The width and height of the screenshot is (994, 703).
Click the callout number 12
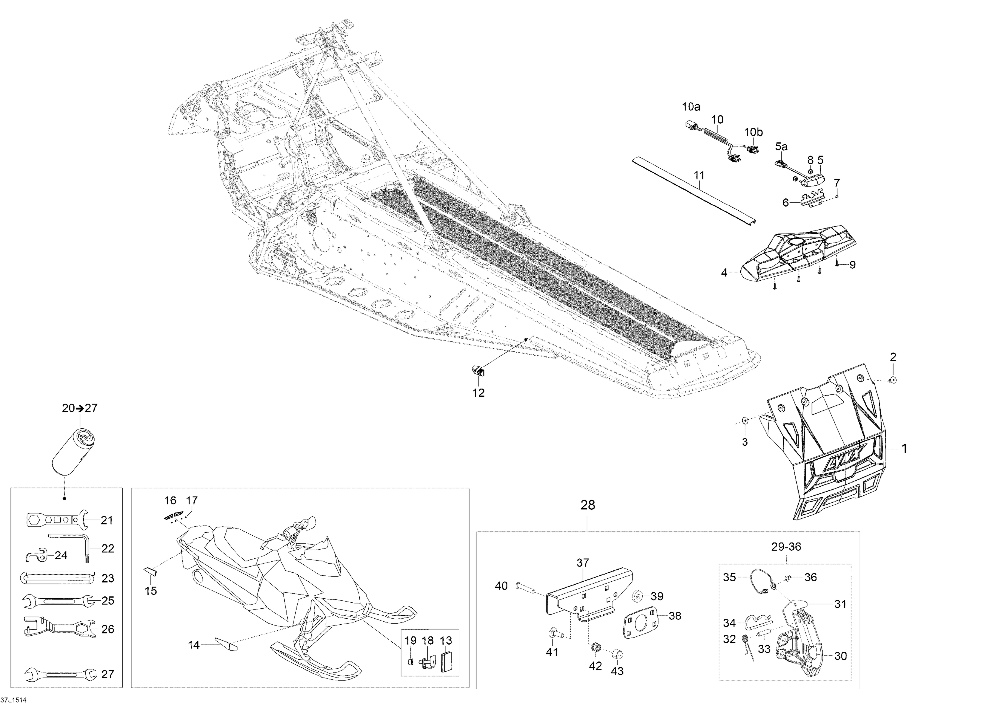(478, 392)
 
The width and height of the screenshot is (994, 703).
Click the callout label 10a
(691, 106)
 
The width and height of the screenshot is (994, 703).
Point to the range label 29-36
(786, 547)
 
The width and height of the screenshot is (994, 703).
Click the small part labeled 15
(150, 572)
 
